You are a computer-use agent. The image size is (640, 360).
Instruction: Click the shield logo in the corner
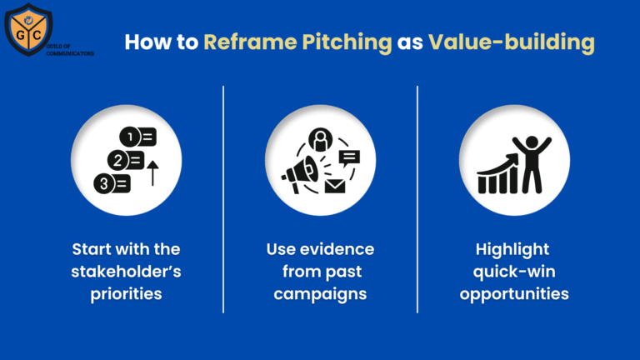28,27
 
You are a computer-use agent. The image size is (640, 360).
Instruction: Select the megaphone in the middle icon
299,172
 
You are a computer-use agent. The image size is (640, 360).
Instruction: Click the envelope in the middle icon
335,186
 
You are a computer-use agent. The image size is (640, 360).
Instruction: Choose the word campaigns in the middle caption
320,294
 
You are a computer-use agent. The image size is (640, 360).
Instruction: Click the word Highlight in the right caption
514,249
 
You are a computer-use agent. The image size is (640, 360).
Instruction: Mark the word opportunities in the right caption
514,294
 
